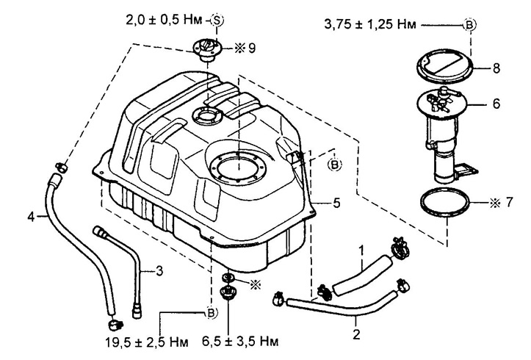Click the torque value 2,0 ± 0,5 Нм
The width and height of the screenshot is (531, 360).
(x=164, y=20)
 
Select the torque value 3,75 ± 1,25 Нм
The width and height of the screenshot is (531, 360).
(x=370, y=25)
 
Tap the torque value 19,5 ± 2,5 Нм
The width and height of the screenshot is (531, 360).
(x=147, y=342)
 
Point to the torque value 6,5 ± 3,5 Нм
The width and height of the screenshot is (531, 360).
(x=240, y=342)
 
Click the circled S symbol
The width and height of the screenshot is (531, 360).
(x=217, y=21)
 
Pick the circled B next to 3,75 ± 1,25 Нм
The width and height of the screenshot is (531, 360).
(x=470, y=25)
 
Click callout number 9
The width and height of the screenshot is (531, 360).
(x=252, y=48)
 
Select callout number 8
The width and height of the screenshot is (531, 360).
(x=496, y=68)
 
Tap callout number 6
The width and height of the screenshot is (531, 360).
(x=496, y=104)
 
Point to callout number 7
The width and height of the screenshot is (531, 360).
(x=510, y=202)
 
